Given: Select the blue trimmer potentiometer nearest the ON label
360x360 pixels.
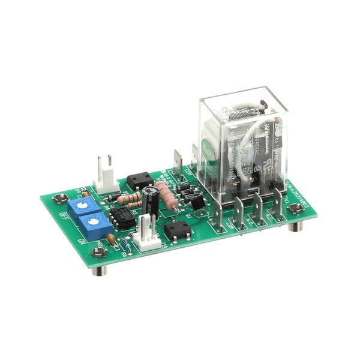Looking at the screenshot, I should coord(92,224).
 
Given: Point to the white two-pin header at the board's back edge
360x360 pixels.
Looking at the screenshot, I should coord(104,172).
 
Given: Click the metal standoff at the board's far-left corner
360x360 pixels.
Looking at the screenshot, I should coord(59,198).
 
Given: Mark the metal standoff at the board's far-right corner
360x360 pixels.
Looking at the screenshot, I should coord(296,210).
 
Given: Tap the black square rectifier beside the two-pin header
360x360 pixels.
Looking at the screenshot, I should coord(137,182).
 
